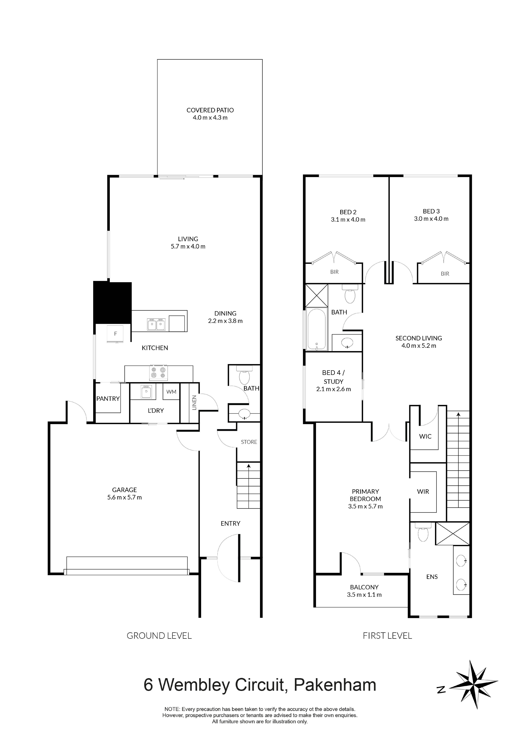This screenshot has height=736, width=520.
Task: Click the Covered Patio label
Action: [210, 110]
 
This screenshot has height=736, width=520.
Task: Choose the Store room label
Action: [249, 442]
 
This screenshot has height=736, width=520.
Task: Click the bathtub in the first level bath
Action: [316, 329]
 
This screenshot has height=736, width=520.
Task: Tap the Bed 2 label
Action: [348, 212]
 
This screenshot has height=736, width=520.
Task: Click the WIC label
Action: [425, 436]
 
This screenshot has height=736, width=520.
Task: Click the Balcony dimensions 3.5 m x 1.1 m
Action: [364, 595]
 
